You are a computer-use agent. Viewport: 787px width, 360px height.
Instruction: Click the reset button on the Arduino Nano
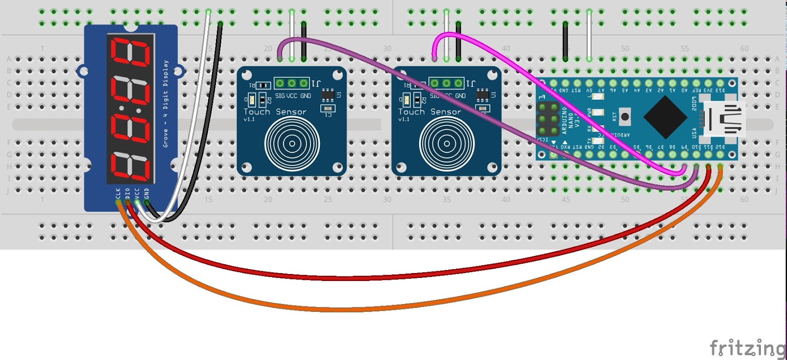tap(625, 117)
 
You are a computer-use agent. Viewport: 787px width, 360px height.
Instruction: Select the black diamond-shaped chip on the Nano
tap(665, 117)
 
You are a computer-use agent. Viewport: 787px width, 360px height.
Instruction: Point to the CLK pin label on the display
tap(118, 193)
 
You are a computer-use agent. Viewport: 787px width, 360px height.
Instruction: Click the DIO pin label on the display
tap(128, 193)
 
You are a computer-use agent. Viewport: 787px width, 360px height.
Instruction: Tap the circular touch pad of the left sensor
tap(292, 143)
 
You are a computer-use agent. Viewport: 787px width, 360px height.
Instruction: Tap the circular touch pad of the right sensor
tap(447, 143)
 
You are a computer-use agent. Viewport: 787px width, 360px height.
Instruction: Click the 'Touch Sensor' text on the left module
tap(275, 112)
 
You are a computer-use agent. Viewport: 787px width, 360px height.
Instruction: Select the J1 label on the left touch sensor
tap(317, 83)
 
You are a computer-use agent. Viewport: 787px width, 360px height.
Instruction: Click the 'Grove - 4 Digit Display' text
tap(166, 103)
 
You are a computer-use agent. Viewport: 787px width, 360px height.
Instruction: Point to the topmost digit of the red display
tap(131, 53)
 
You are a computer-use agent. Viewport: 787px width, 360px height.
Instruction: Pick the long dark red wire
tap(344, 277)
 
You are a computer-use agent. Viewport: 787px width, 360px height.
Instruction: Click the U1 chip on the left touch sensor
tap(328, 94)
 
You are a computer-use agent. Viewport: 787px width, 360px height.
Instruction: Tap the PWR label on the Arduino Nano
tap(589, 112)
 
